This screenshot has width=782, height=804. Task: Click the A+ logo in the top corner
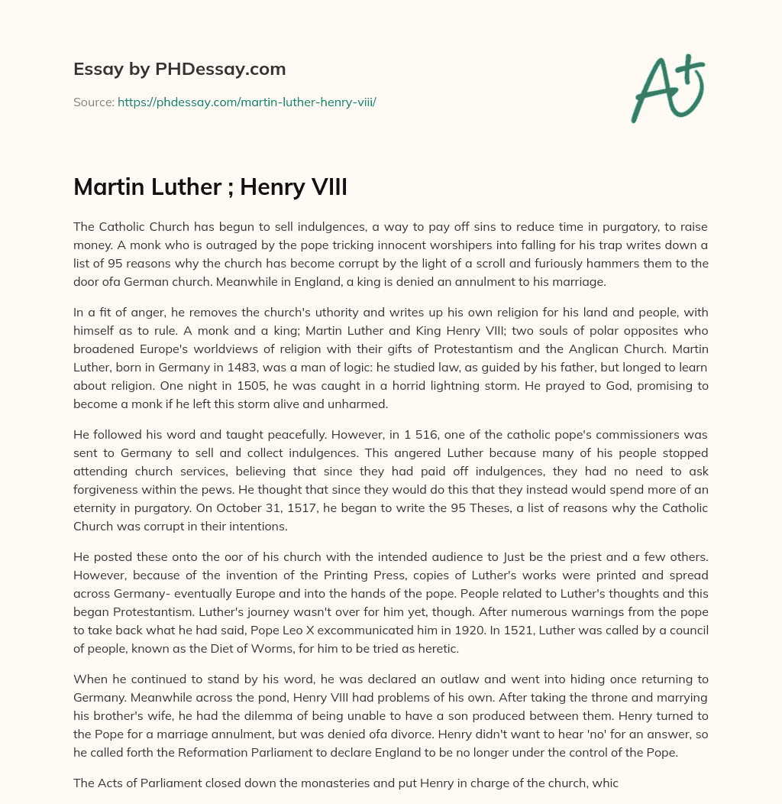(667, 88)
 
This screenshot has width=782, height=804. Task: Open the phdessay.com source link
(247, 102)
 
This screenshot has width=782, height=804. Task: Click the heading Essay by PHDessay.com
(179, 69)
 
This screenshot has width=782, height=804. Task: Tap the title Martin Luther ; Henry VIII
(210, 186)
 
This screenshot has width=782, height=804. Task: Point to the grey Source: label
(94, 102)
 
